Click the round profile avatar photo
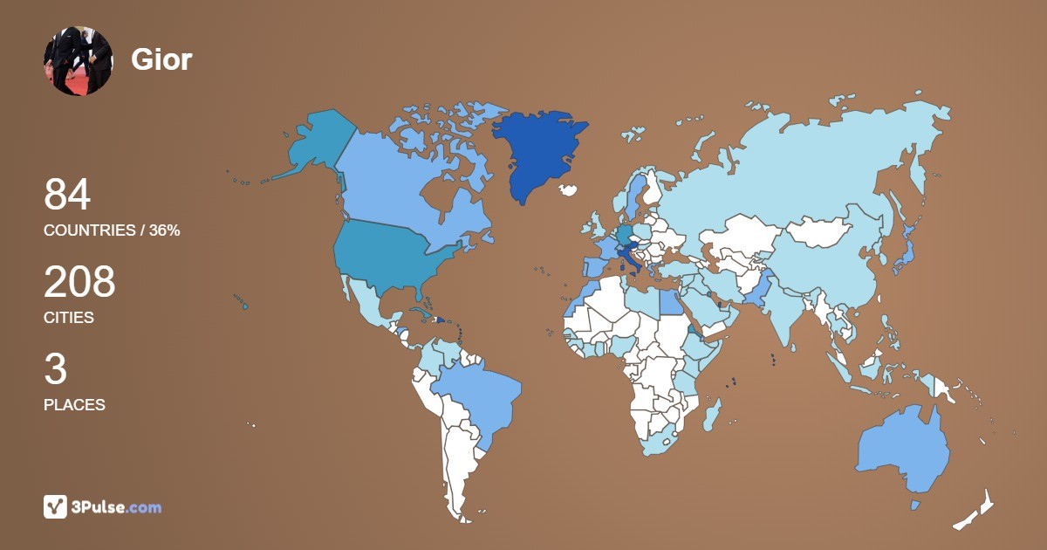[78, 60]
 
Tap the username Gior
[161, 59]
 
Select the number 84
[67, 195]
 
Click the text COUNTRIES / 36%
[112, 230]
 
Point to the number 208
[79, 282]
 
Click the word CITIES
[69, 318]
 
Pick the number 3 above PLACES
[55, 369]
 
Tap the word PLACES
[74, 405]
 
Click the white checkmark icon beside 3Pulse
[55, 506]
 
